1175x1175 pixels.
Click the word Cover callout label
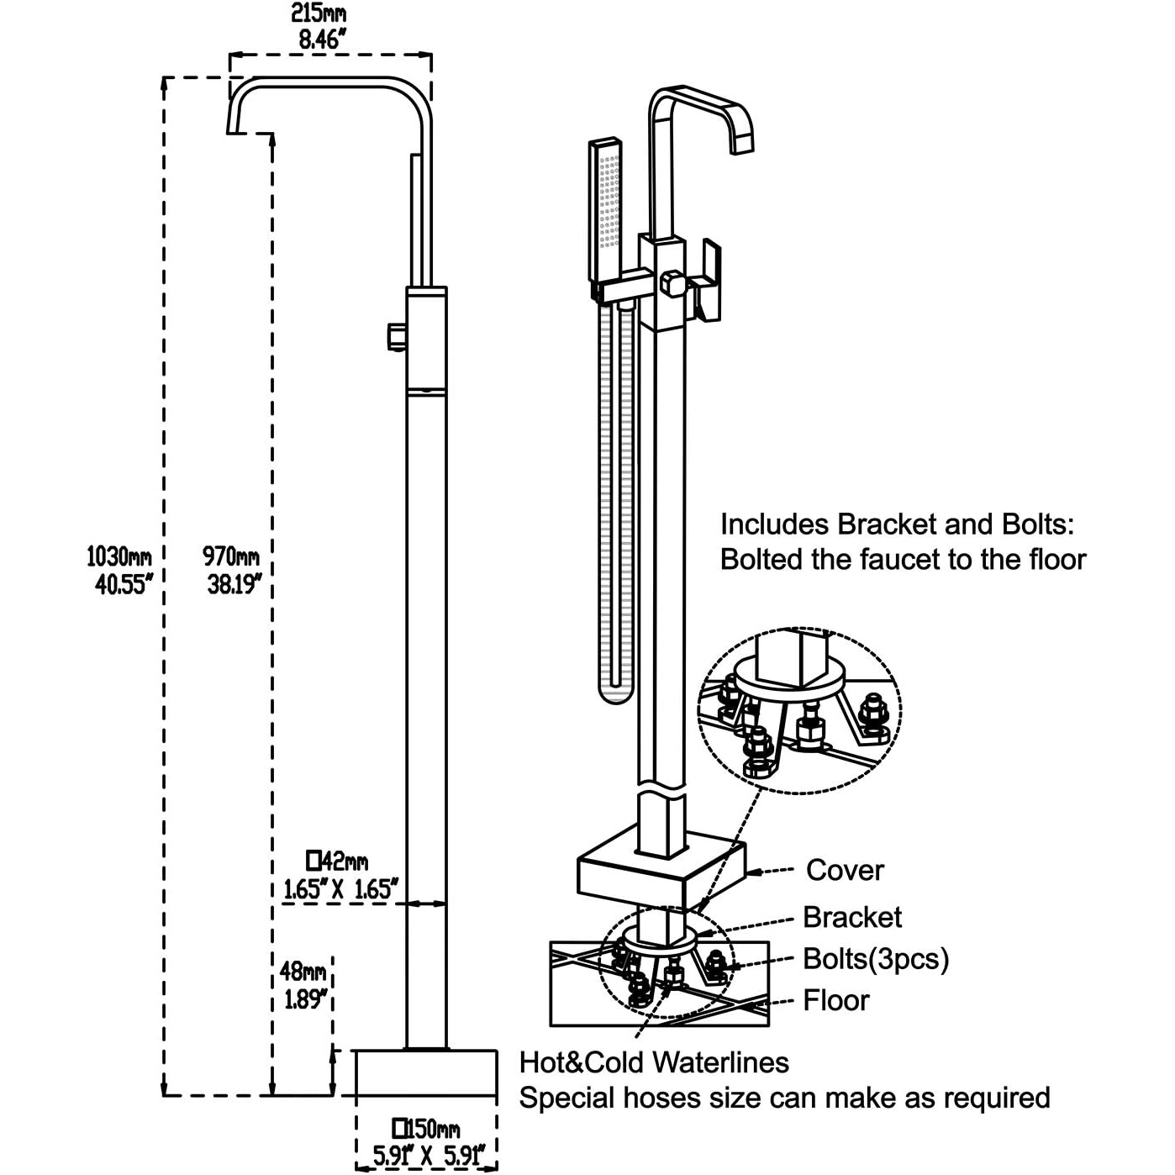[844, 871]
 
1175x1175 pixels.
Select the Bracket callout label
[851, 917]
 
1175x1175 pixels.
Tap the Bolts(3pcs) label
[875, 959]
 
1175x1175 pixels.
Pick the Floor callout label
[835, 1000]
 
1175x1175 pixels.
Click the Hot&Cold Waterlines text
[654, 1062]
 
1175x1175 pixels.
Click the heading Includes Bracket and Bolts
[897, 524]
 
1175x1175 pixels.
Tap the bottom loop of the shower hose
[614, 693]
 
